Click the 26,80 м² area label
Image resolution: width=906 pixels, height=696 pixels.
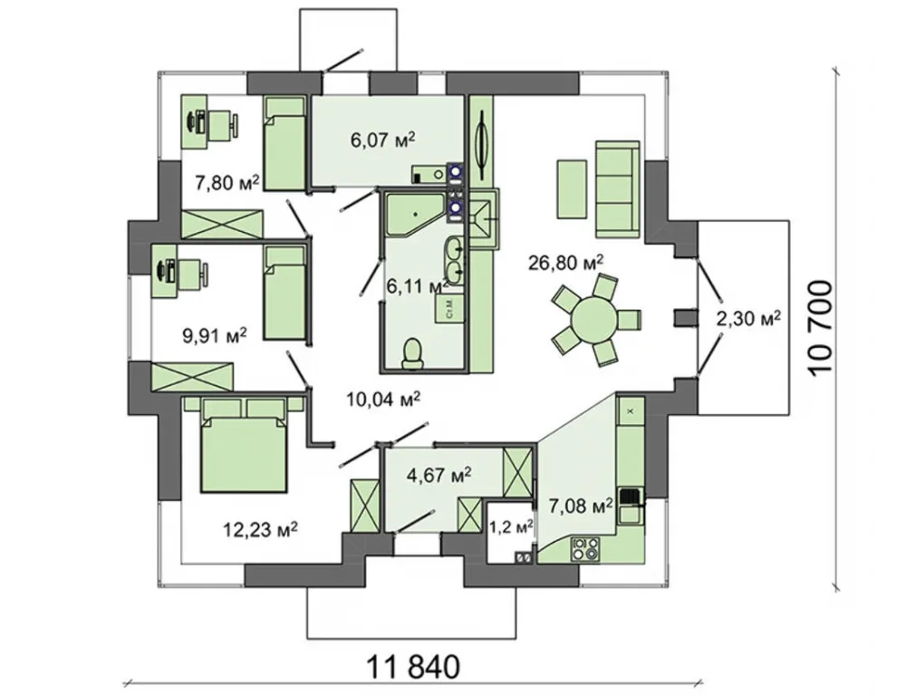coord(565,263)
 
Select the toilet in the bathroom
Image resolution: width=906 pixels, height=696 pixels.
coord(412,353)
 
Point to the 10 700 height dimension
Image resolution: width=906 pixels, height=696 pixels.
coord(822,328)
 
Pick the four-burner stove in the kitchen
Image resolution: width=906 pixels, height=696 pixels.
coord(584,548)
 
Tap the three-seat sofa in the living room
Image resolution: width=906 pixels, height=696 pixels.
coord(618,188)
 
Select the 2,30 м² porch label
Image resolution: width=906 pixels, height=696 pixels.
coord(749,317)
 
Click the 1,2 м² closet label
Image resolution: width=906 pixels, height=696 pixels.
coord(511,527)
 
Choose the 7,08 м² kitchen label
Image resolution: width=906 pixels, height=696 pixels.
coord(580,507)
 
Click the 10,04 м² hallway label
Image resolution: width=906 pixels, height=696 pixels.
coord(383,398)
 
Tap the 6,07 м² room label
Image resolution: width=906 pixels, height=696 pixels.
coord(383,140)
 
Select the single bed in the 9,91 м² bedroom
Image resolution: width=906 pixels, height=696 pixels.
coord(284,293)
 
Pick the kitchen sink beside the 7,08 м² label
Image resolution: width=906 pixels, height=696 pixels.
coord(631,504)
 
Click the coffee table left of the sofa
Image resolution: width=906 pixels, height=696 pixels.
coord(573,188)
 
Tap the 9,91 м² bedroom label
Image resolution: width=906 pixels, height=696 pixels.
coord(215,335)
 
